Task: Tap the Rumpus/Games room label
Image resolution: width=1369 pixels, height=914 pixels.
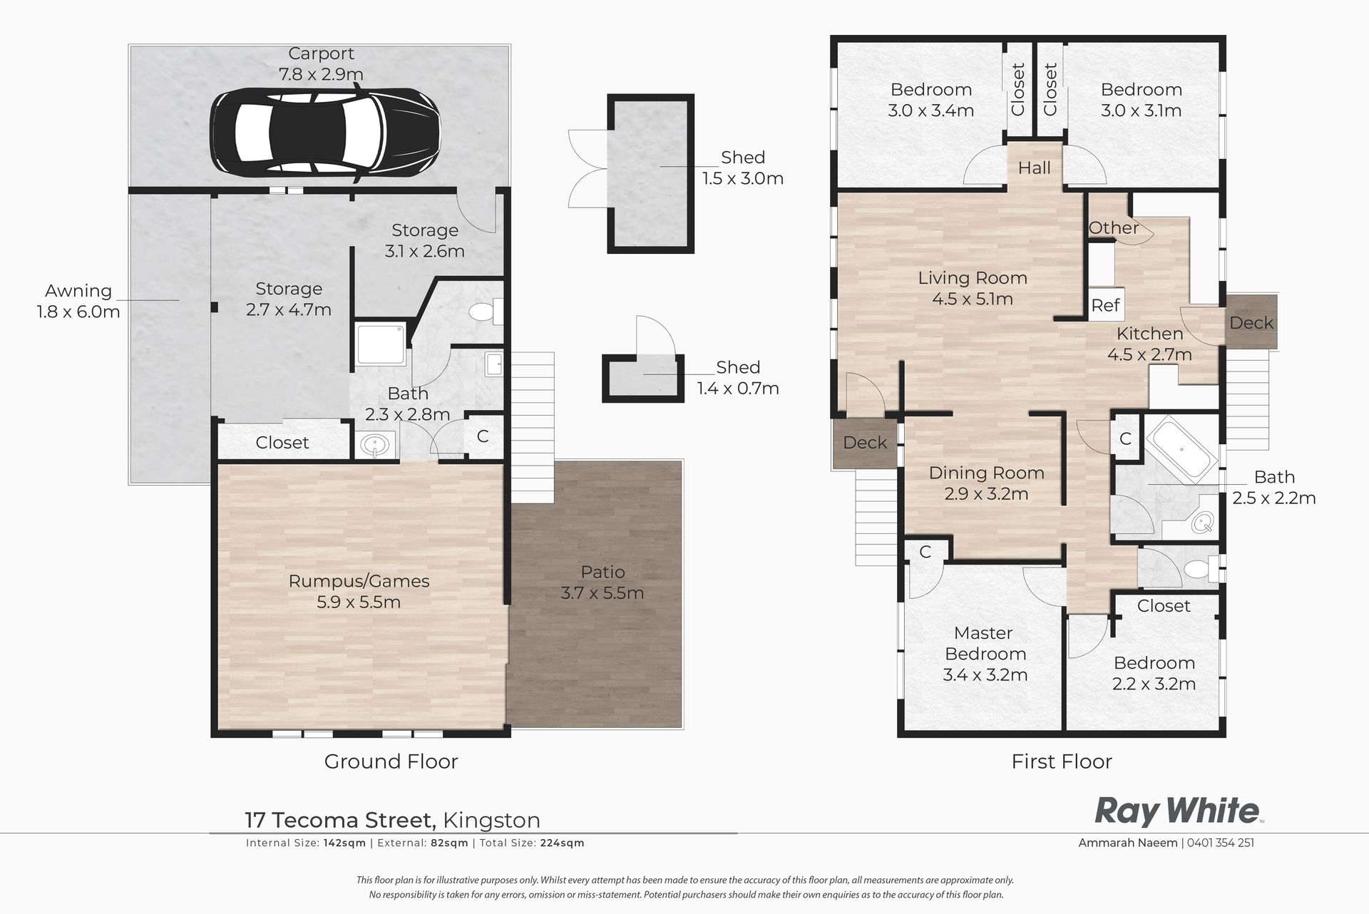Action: [x=359, y=581]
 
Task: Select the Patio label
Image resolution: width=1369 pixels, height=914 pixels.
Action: [x=603, y=572]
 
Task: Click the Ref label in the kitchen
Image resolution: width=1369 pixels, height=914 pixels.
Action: [x=1105, y=305]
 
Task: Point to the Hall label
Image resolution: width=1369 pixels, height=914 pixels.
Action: [x=1034, y=168]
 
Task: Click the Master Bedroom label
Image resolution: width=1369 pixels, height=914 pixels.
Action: [x=985, y=643]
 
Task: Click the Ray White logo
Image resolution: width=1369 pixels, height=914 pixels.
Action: [x=1178, y=811]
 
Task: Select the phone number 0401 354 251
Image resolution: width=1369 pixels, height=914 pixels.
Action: [x=1221, y=843]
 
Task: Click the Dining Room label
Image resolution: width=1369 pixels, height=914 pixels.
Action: [x=986, y=473]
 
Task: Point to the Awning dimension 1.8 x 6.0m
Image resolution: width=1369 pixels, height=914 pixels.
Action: [x=78, y=312]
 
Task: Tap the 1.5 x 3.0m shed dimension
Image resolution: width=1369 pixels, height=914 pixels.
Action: [x=743, y=178]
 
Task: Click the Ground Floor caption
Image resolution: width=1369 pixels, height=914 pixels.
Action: [x=391, y=761]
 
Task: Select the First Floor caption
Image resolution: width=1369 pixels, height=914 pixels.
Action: [x=1062, y=761]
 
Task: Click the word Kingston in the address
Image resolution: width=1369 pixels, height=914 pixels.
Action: [x=491, y=820]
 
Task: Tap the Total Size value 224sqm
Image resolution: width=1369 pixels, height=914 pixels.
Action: [x=563, y=843]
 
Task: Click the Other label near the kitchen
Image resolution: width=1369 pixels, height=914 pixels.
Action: [x=1113, y=227]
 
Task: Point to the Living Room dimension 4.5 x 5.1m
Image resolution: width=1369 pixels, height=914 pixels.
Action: [x=973, y=299]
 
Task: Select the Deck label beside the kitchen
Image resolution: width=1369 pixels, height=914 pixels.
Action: [x=1251, y=322]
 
